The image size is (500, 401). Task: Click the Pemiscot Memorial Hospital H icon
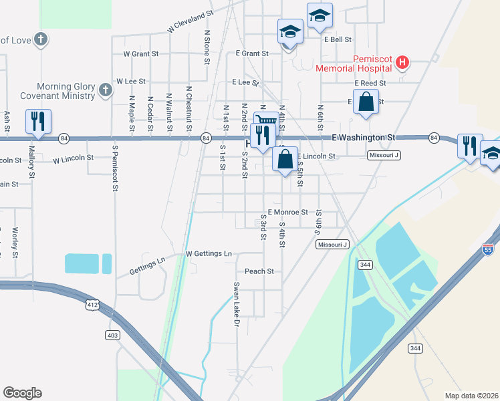(x=402, y=63)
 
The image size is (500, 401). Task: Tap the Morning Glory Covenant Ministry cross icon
(x=105, y=90)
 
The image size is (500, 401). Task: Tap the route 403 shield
(x=112, y=334)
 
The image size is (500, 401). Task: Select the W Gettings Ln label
(x=209, y=254)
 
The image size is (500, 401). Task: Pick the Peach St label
(x=259, y=271)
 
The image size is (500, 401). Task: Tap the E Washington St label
(x=363, y=138)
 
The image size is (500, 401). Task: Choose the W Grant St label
(x=141, y=53)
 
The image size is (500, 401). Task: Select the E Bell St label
(x=338, y=39)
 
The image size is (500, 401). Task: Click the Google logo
(x=22, y=393)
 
